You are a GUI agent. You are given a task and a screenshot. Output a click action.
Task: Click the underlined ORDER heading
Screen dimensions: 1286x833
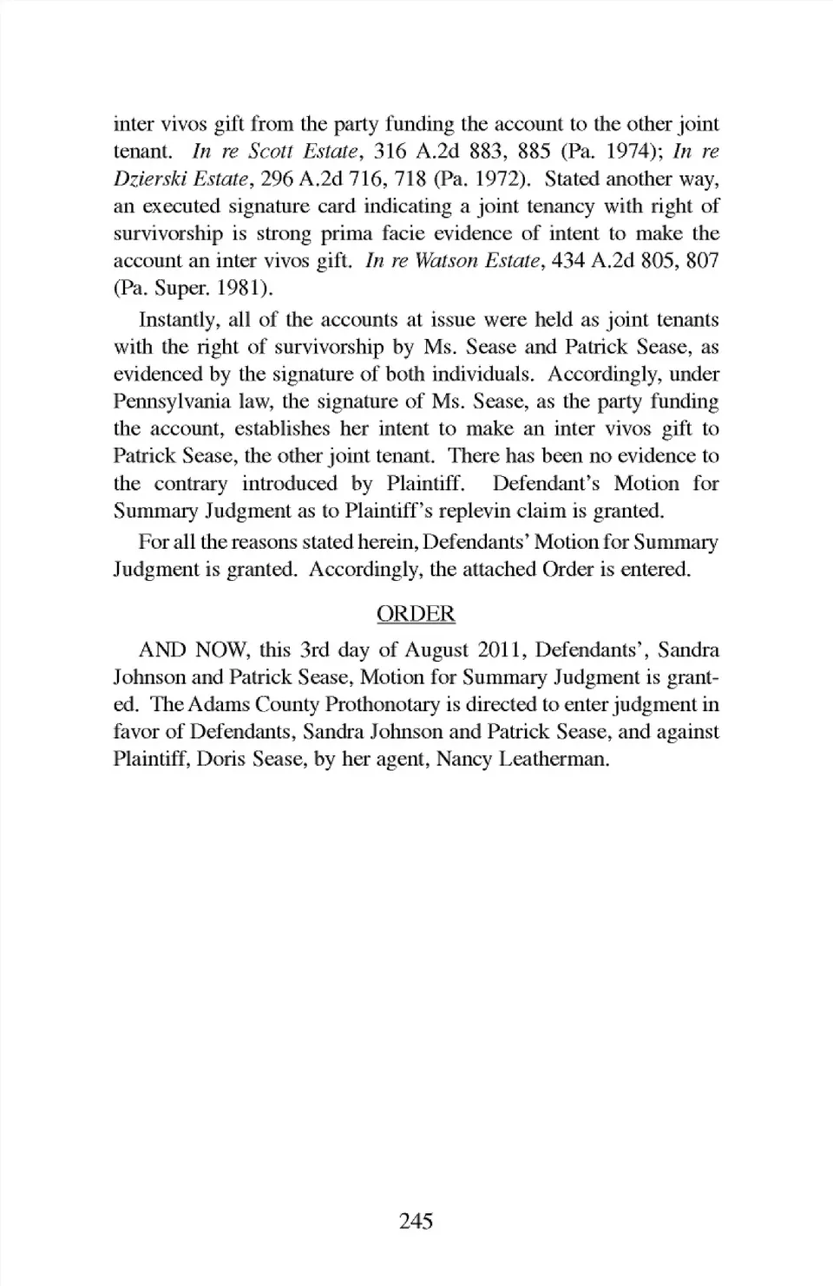416,614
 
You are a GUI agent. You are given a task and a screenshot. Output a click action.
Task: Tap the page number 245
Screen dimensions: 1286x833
416,1221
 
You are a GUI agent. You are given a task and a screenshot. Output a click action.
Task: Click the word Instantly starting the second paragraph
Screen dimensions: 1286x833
178,320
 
